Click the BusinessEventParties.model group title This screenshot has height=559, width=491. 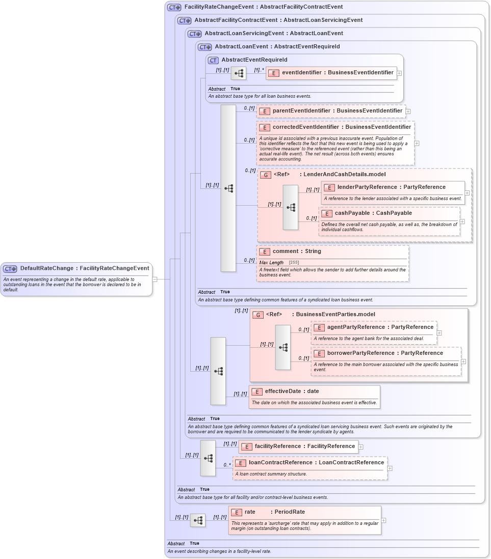tap(335, 315)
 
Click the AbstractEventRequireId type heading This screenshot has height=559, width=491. tap(254, 60)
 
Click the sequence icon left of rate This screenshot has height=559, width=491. tap(198, 520)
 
